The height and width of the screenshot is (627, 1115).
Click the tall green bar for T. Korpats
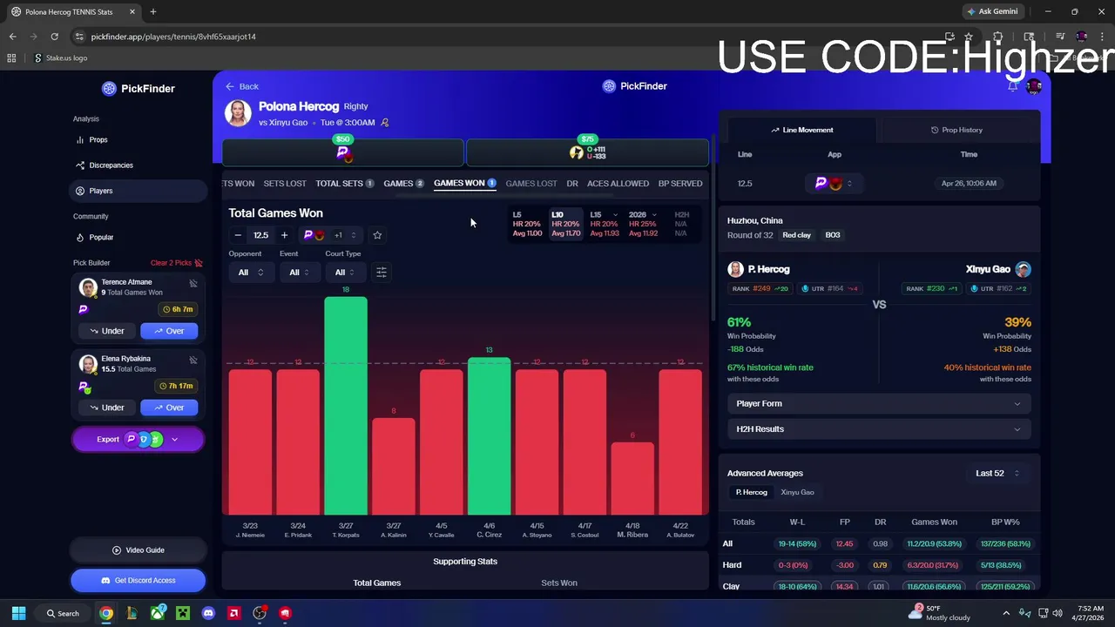(x=346, y=405)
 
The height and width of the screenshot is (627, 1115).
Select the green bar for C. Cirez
(x=489, y=435)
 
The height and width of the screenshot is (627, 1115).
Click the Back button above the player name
(x=242, y=86)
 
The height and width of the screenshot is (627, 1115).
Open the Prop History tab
(x=956, y=130)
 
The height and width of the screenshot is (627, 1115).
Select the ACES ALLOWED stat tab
(x=618, y=184)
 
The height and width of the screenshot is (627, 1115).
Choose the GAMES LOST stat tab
(x=531, y=184)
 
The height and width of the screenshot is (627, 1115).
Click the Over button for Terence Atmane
(x=169, y=331)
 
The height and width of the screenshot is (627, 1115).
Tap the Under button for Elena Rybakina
(x=106, y=408)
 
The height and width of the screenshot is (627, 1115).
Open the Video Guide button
(x=139, y=550)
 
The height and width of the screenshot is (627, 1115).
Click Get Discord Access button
(x=139, y=580)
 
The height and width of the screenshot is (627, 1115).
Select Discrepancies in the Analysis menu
(x=111, y=165)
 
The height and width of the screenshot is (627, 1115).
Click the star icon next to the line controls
(x=377, y=235)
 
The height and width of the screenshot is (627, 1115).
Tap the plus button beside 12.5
(x=284, y=235)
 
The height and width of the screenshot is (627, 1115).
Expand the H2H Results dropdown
(x=878, y=429)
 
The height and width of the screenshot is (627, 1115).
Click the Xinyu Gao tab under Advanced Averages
(x=797, y=492)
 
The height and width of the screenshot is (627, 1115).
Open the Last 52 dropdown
(x=997, y=473)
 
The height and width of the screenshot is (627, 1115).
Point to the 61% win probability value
(x=739, y=322)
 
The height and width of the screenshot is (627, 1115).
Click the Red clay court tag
(x=796, y=235)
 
